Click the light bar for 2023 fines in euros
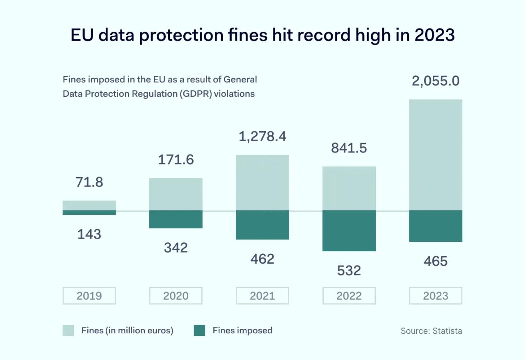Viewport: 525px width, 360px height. [x=436, y=155]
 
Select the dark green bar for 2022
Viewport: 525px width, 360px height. [x=349, y=230]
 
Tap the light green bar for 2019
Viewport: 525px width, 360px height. [x=89, y=205]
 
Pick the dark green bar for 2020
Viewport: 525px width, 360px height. [x=176, y=219]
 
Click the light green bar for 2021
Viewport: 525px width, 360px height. [x=262, y=183]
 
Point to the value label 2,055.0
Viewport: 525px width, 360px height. [x=436, y=81]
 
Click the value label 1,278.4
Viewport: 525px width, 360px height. [x=262, y=137]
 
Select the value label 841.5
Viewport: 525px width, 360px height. [x=349, y=148]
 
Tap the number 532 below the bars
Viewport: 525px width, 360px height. [x=349, y=271]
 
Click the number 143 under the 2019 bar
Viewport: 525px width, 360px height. [x=89, y=235]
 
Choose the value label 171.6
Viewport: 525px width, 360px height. [x=176, y=159]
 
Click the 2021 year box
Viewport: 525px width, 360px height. [x=262, y=296]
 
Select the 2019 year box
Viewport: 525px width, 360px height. [x=89, y=296]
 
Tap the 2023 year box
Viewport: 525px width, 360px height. [x=436, y=296]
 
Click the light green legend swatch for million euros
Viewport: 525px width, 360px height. [x=68, y=330]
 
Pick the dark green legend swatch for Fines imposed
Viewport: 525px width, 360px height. [x=199, y=330]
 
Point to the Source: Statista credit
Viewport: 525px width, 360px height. [x=431, y=331]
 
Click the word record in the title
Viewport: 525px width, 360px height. [x=324, y=35]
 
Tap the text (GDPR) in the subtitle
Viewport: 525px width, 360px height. [x=196, y=93]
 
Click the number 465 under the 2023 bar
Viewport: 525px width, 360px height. [x=436, y=261]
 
